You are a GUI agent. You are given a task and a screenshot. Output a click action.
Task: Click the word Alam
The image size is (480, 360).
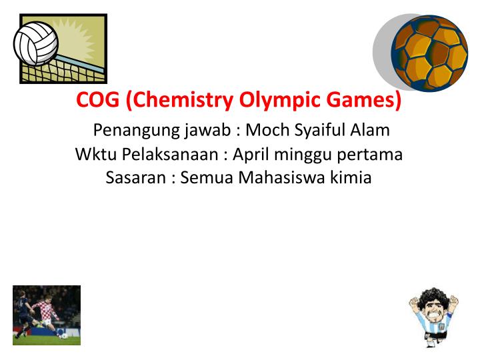click(369, 130)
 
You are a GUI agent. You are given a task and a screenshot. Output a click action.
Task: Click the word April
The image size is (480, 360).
click(251, 155)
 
